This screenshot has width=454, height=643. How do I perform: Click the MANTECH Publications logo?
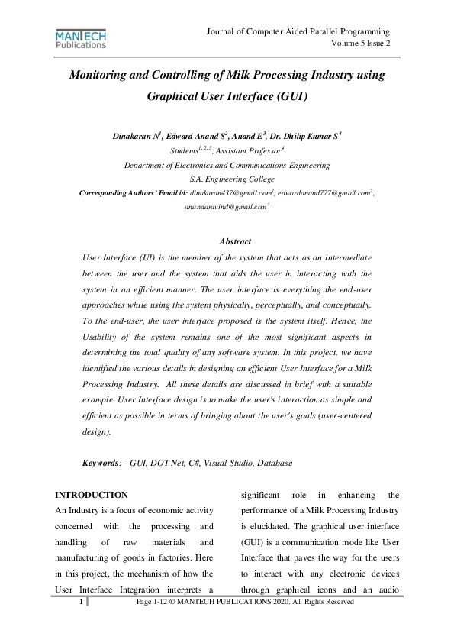(x=81, y=39)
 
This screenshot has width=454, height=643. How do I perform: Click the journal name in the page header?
(x=298, y=31)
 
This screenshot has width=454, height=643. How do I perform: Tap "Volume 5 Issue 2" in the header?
(x=360, y=44)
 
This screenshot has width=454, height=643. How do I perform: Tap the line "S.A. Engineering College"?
(x=227, y=178)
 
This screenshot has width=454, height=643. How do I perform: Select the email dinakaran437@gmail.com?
(x=230, y=192)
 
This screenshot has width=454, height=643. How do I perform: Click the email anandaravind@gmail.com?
(x=224, y=206)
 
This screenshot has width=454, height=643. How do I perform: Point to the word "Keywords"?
(x=101, y=463)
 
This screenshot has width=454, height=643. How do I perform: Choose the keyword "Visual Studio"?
(x=229, y=463)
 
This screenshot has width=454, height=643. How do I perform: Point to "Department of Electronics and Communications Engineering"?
(x=227, y=164)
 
